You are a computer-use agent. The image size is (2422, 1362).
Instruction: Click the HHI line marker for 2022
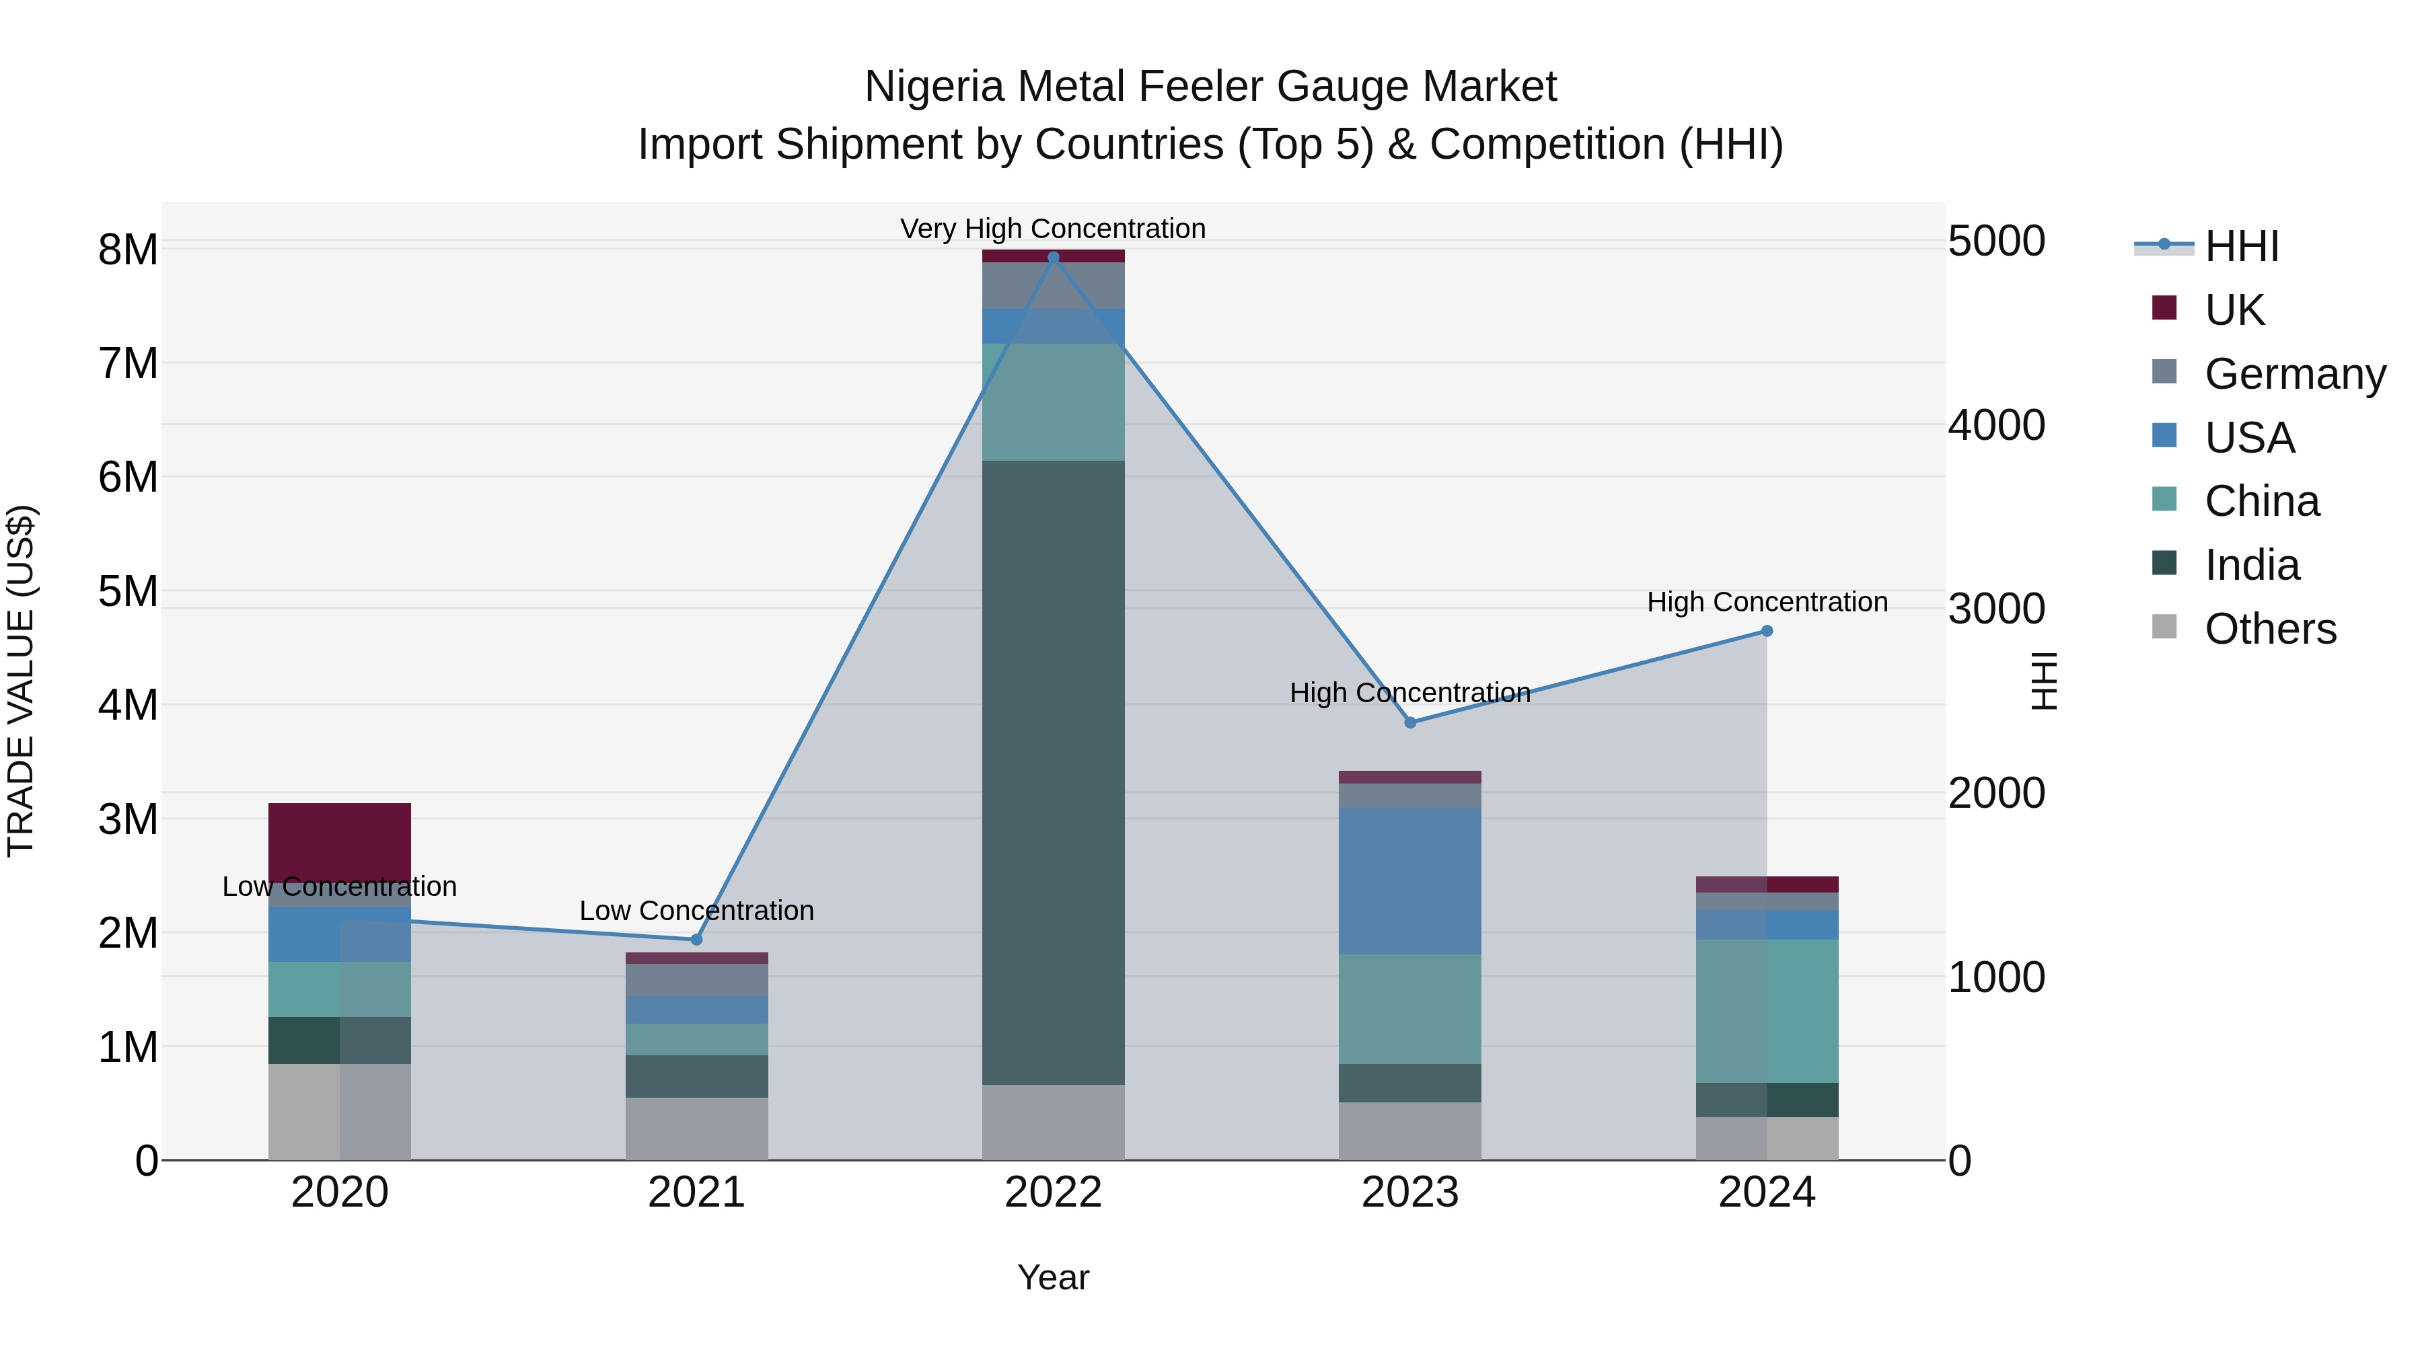[1053, 258]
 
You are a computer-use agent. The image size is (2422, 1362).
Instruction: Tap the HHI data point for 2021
[697, 939]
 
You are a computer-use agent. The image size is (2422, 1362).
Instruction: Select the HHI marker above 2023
[1409, 722]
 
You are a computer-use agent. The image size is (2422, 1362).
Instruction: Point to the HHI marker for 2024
[1767, 631]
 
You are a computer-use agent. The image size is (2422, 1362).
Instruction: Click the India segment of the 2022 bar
[1053, 771]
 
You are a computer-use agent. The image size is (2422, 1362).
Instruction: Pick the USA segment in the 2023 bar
[1409, 880]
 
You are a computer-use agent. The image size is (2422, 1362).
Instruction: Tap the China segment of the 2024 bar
[1767, 1010]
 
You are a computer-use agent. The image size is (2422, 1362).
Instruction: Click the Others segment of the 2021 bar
[697, 1128]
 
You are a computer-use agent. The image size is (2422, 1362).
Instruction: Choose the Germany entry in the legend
[2294, 374]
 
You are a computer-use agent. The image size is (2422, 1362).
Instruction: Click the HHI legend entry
[2242, 246]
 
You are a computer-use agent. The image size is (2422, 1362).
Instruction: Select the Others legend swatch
[2164, 627]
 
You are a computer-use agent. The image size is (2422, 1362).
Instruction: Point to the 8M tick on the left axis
[128, 250]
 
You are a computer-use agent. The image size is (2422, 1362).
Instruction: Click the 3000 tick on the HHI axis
[1996, 609]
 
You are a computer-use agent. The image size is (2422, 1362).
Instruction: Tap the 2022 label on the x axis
[1053, 1192]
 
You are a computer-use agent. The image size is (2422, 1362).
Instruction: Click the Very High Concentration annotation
[1053, 229]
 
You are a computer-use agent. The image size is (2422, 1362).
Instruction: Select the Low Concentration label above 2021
[697, 911]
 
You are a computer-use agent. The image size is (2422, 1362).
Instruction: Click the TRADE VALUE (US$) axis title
[21, 681]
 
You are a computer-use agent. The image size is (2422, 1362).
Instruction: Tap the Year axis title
[1053, 1277]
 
